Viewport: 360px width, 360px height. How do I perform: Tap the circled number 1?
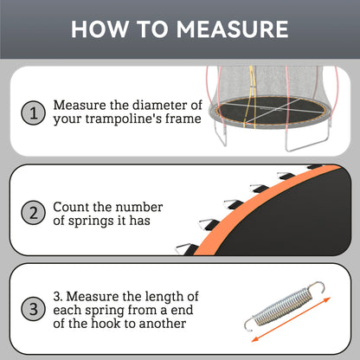34,112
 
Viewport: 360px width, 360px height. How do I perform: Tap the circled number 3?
34,308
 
